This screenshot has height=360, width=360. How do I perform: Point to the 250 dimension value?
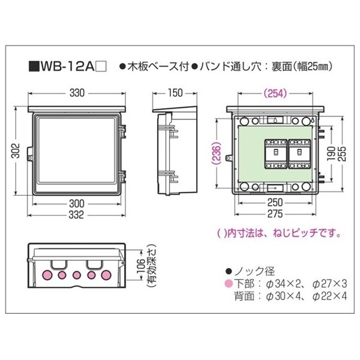click(x=275, y=203)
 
